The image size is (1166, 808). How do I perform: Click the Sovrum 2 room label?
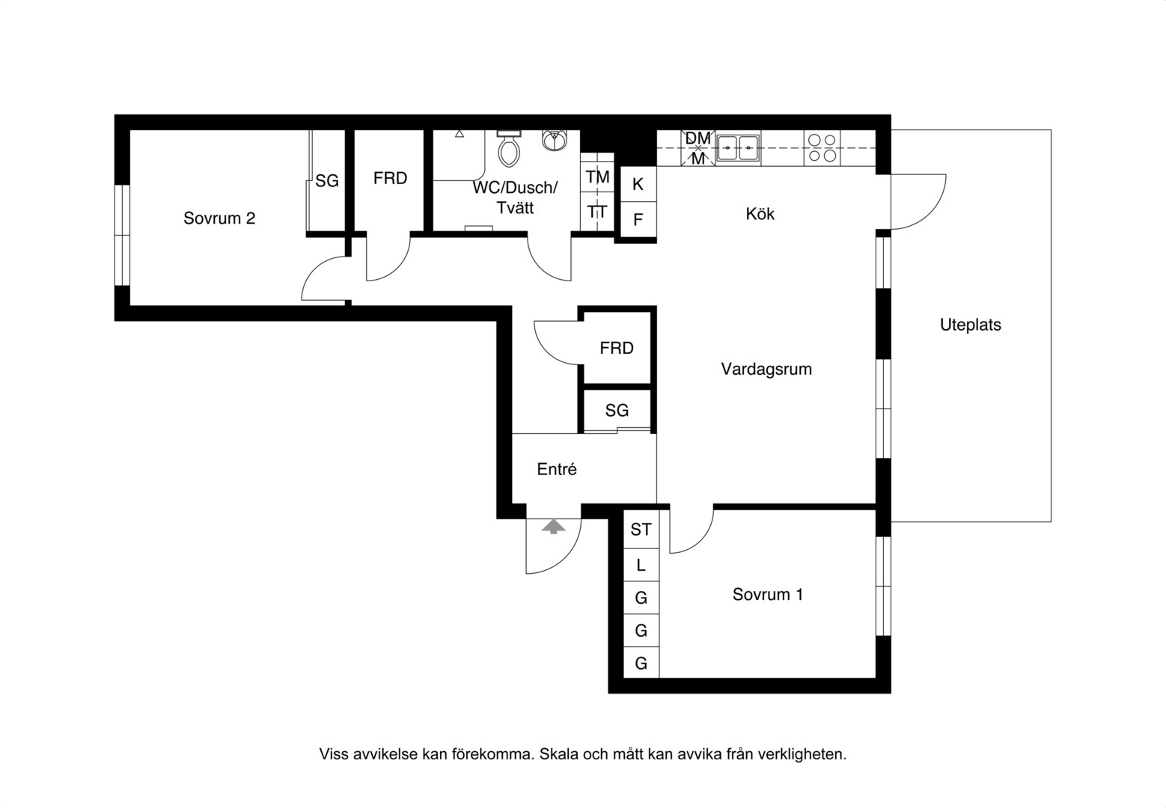[219, 218]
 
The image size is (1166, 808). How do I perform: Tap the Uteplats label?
[970, 325]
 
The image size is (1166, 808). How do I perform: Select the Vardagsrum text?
[766, 370]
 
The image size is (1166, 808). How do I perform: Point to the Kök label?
[760, 213]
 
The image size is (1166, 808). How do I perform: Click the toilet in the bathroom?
[509, 148]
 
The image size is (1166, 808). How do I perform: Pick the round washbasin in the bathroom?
[555, 140]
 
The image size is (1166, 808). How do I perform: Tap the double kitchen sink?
[738, 148]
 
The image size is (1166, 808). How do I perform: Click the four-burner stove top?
[822, 148]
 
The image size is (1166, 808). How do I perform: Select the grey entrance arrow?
[553, 527]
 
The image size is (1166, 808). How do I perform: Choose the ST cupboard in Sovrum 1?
[641, 530]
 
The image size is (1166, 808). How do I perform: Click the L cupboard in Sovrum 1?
[641, 565]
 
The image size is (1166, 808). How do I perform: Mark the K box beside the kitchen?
[638, 184]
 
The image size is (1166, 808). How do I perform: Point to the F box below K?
[638, 219]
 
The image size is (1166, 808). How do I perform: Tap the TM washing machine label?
[597, 177]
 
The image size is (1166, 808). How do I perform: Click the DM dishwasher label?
[698, 138]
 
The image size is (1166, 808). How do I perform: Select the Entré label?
[557, 469]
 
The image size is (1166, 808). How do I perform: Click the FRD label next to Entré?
[617, 348]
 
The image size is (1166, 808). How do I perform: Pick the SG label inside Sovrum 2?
[327, 181]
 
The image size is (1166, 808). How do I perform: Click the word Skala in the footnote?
[558, 754]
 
